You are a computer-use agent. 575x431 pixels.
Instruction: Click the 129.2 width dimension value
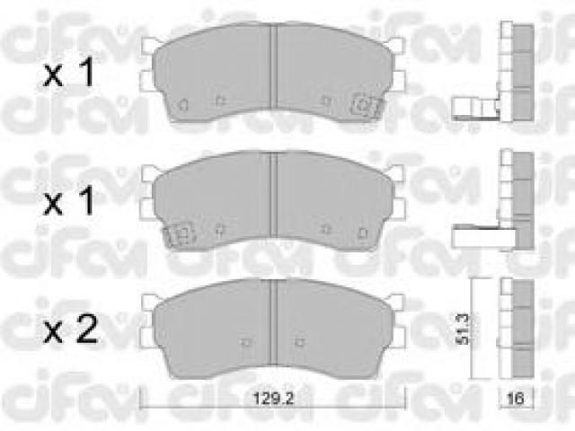click(x=273, y=398)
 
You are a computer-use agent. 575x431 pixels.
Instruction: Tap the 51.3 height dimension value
click(x=463, y=329)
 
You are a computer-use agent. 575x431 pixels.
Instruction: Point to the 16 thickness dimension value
click(x=515, y=398)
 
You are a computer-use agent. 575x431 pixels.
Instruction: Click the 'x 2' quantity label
click(x=71, y=329)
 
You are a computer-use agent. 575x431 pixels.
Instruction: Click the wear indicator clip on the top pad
click(x=365, y=105)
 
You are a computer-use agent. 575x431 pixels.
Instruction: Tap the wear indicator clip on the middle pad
click(x=180, y=233)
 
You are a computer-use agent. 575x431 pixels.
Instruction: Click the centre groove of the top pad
click(x=273, y=66)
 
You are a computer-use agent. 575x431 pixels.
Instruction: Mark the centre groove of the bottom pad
click(x=273, y=322)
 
